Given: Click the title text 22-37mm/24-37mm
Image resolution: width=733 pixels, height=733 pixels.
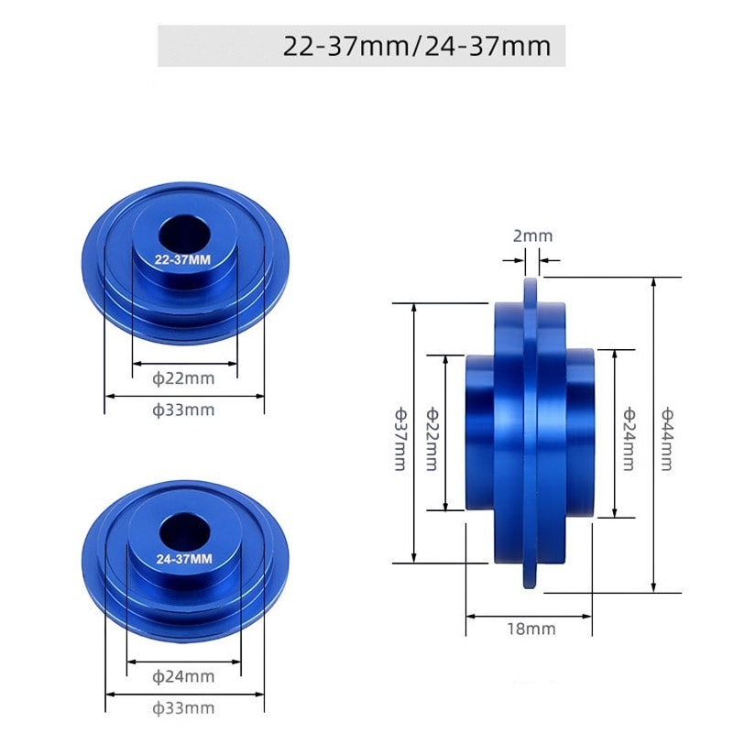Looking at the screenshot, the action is coord(417,47).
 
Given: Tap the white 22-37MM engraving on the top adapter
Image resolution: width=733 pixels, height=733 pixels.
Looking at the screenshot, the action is coord(182,260).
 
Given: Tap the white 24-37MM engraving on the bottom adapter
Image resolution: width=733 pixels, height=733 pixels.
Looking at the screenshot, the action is coord(184,559).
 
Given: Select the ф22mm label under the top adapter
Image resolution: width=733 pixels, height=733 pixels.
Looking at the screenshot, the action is coord(183,378).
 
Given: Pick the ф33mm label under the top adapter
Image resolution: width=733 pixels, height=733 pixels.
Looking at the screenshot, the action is coord(183,410).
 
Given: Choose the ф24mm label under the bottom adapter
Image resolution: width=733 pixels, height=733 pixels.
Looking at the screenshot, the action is coord(183,676).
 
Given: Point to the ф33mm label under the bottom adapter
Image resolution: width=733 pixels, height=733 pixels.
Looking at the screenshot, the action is coord(183,708).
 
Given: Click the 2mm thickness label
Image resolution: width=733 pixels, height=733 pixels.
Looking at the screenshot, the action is coord(533,236).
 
